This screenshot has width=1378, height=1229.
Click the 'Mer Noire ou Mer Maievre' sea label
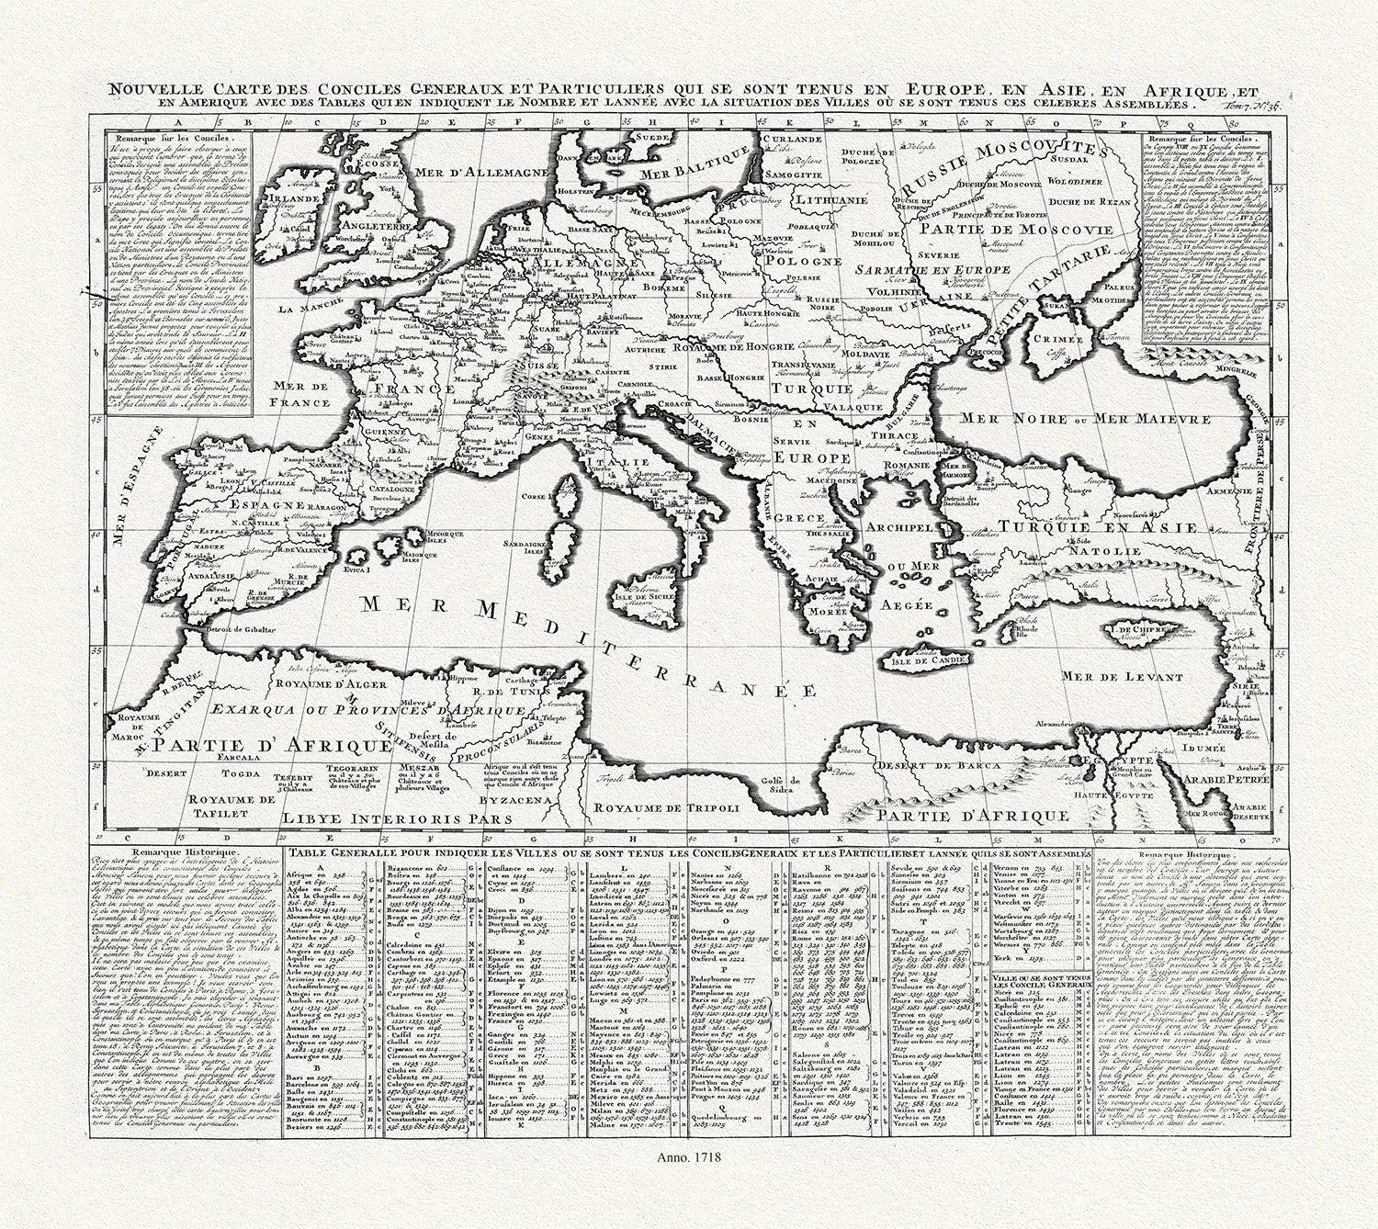pyautogui.click(x=1080, y=419)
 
